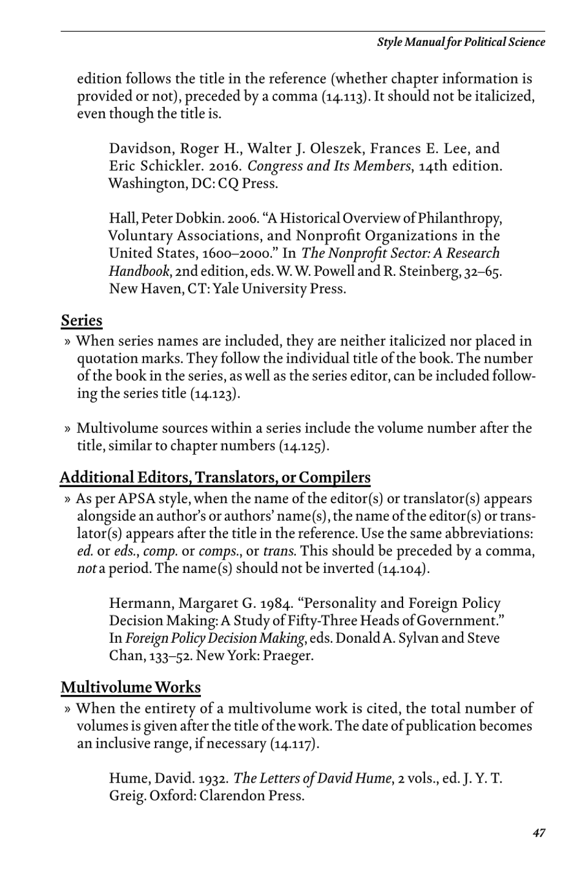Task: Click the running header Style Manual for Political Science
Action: click(461, 42)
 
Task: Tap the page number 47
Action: click(539, 833)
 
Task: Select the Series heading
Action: click(81, 320)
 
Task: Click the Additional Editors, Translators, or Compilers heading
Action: click(215, 477)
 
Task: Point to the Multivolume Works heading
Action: click(130, 688)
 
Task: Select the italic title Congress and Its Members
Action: click(329, 166)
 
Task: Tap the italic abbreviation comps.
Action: click(218, 551)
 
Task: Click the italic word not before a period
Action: click(86, 569)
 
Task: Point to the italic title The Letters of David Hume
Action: click(312, 778)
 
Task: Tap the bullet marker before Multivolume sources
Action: click(68, 428)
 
